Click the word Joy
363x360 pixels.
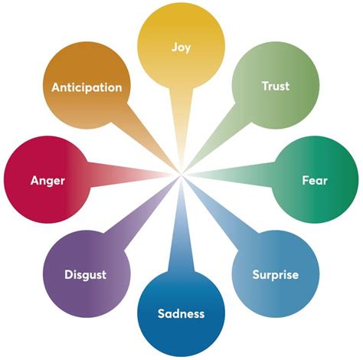click(x=181, y=46)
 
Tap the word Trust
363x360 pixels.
click(x=275, y=87)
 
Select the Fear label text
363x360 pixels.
click(x=315, y=181)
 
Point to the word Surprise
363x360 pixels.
click(x=275, y=274)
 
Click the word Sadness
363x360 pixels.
click(x=181, y=313)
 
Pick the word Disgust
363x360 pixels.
click(x=85, y=274)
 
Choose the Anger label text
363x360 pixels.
click(x=47, y=181)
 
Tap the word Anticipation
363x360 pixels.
click(x=87, y=87)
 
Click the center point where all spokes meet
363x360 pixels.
click(x=181, y=178)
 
